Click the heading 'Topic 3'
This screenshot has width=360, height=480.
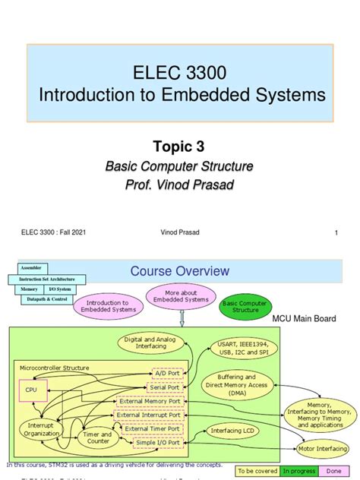pyautogui.click(x=180, y=147)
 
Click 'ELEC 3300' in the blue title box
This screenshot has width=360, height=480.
pyautogui.click(x=180, y=74)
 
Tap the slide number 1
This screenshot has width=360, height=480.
pyautogui.click(x=335, y=233)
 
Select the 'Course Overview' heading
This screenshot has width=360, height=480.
pyautogui.click(x=180, y=271)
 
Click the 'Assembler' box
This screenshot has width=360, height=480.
pyautogui.click(x=30, y=267)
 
